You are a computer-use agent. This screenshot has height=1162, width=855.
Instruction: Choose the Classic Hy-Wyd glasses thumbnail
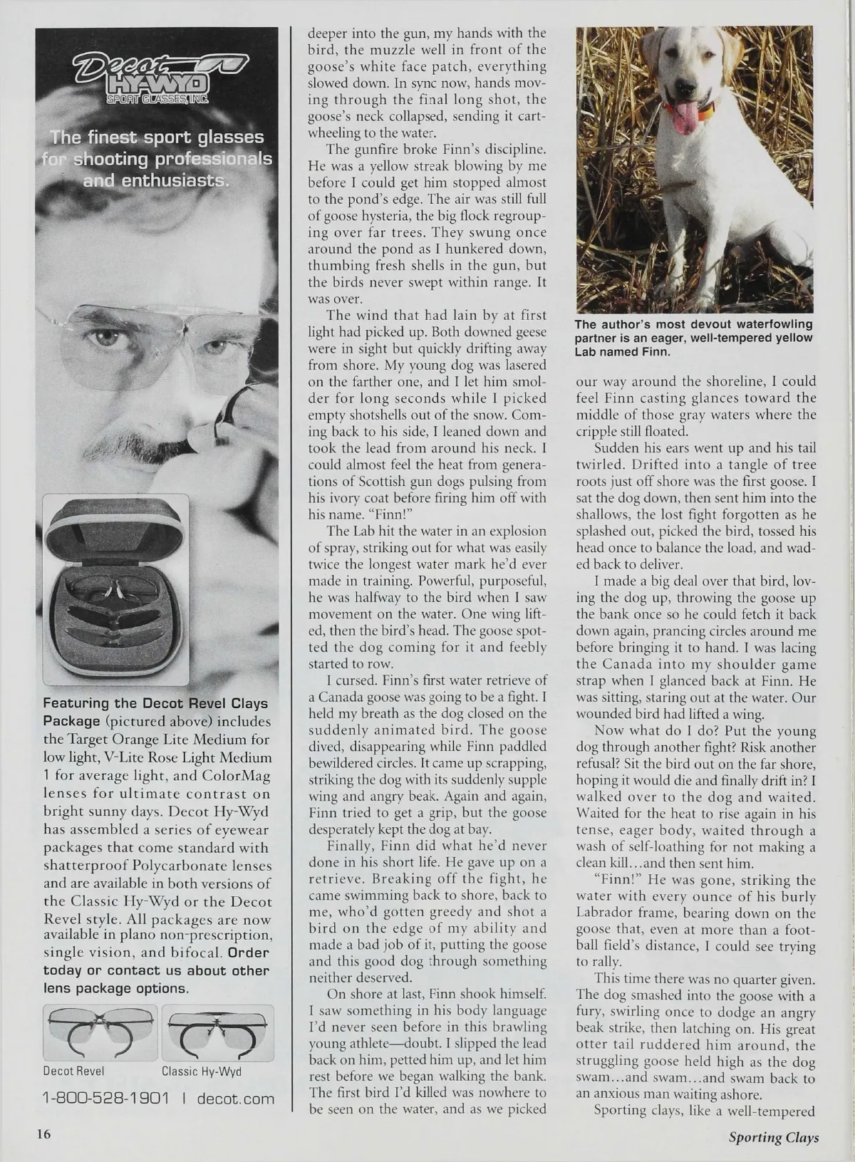(x=217, y=1032)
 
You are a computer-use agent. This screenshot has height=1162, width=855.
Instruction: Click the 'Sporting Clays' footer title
(x=773, y=1137)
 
